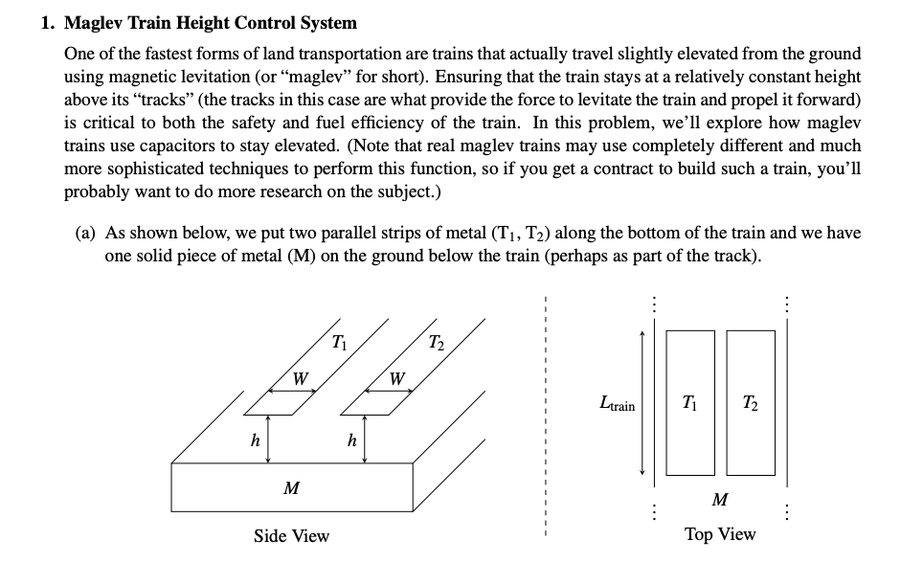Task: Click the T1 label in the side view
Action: click(339, 341)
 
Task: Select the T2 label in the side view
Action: click(436, 342)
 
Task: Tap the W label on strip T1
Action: click(300, 378)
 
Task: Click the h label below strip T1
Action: click(255, 441)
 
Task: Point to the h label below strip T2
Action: click(352, 441)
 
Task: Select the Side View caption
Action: click(291, 536)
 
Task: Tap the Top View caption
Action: click(720, 534)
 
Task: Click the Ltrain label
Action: click(615, 405)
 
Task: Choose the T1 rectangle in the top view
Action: click(689, 402)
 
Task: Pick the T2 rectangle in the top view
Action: click(751, 402)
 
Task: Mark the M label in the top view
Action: click(721, 499)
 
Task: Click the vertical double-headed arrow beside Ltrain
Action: click(643, 402)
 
